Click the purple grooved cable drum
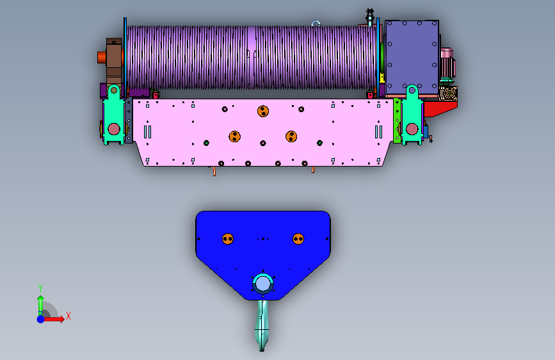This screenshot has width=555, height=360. point(252,57)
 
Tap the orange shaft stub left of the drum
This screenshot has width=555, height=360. point(102,58)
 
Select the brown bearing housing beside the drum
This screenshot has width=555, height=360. point(114,61)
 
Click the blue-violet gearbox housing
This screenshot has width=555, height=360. point(412,58)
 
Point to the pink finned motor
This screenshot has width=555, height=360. point(447,63)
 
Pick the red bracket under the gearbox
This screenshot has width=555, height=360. point(440,109)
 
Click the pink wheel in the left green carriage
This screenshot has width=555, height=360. point(113,129)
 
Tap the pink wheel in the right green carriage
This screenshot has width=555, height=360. point(412,129)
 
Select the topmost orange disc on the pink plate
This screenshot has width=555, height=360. point(263,111)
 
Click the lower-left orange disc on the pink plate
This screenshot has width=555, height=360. point(235,136)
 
